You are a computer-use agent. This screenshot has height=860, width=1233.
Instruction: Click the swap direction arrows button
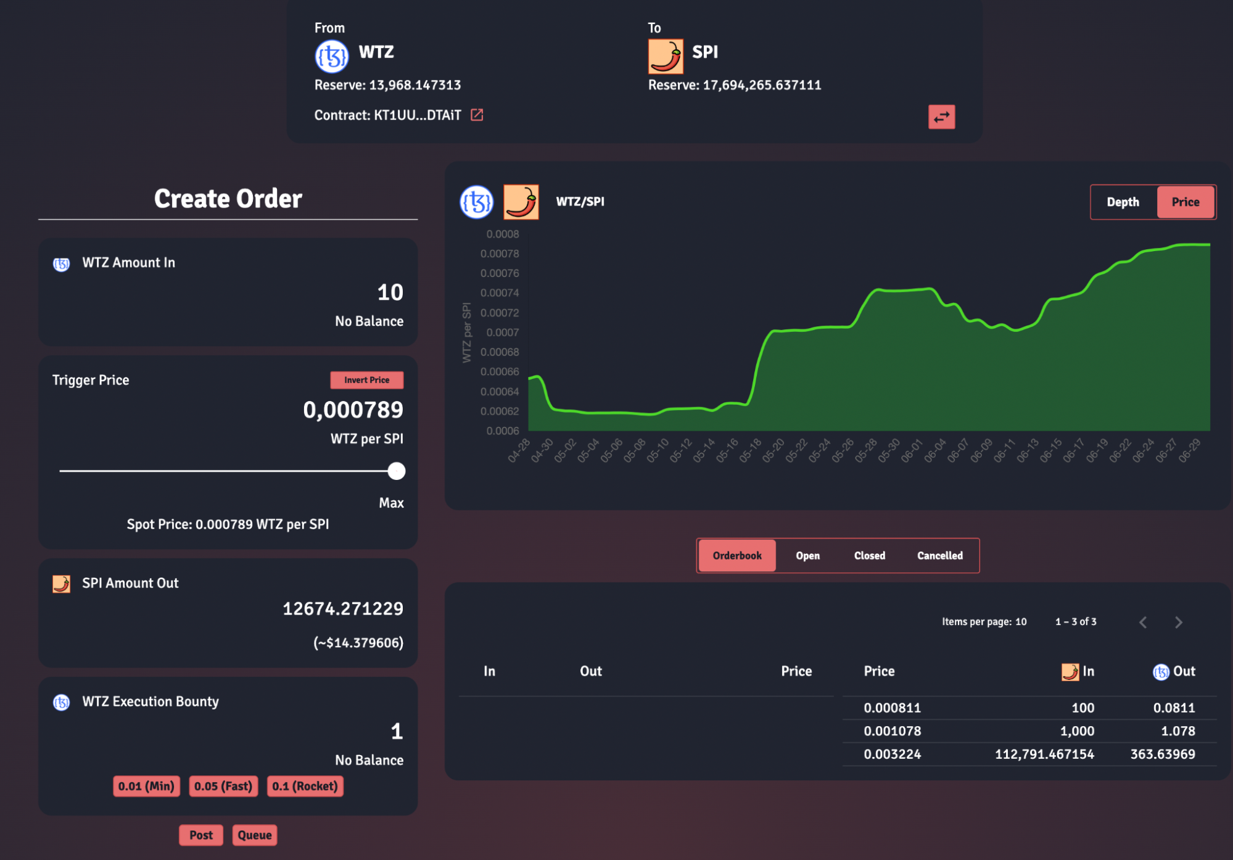(941, 117)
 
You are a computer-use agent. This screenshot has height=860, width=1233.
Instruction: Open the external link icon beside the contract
(477, 115)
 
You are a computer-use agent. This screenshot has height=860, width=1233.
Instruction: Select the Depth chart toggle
(1123, 202)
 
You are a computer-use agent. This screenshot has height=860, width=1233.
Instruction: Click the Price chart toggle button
(1185, 202)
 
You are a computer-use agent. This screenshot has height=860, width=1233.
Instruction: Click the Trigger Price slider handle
(397, 471)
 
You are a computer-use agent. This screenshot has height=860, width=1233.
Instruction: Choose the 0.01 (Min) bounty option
(146, 786)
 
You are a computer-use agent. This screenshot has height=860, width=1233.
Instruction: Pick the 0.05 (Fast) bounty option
(223, 786)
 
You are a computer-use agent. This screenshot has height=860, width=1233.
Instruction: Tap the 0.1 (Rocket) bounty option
(305, 786)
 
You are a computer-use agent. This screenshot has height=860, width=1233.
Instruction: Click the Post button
(201, 835)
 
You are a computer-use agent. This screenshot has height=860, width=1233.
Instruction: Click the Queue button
(255, 835)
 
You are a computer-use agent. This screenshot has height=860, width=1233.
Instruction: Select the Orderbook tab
(737, 555)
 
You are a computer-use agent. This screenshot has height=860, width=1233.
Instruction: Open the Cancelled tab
(939, 555)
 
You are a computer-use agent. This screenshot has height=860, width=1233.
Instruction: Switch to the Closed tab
(869, 555)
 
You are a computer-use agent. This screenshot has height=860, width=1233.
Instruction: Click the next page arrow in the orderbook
(1178, 622)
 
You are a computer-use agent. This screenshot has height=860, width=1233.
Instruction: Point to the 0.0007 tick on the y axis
(503, 333)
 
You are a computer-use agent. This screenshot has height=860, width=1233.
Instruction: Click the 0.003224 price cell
(892, 754)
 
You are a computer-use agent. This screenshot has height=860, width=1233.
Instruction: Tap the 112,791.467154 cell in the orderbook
(1044, 754)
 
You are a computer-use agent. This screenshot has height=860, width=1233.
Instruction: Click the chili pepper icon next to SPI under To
(665, 56)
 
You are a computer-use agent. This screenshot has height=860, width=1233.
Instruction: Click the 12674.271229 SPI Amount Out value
(343, 609)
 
